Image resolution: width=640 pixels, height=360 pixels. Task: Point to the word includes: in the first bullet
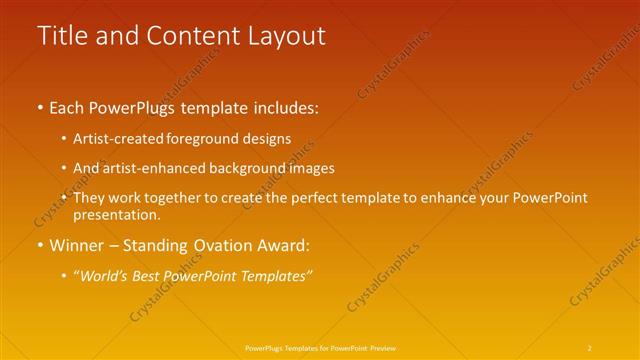tap(283, 107)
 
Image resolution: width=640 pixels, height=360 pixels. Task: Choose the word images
tap(310, 168)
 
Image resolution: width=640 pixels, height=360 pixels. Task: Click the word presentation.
tap(114, 214)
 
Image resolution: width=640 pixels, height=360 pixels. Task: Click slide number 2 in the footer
tap(589, 347)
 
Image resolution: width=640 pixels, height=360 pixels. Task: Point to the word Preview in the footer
tap(380, 347)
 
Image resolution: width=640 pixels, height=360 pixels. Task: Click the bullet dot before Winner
tap(39, 245)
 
